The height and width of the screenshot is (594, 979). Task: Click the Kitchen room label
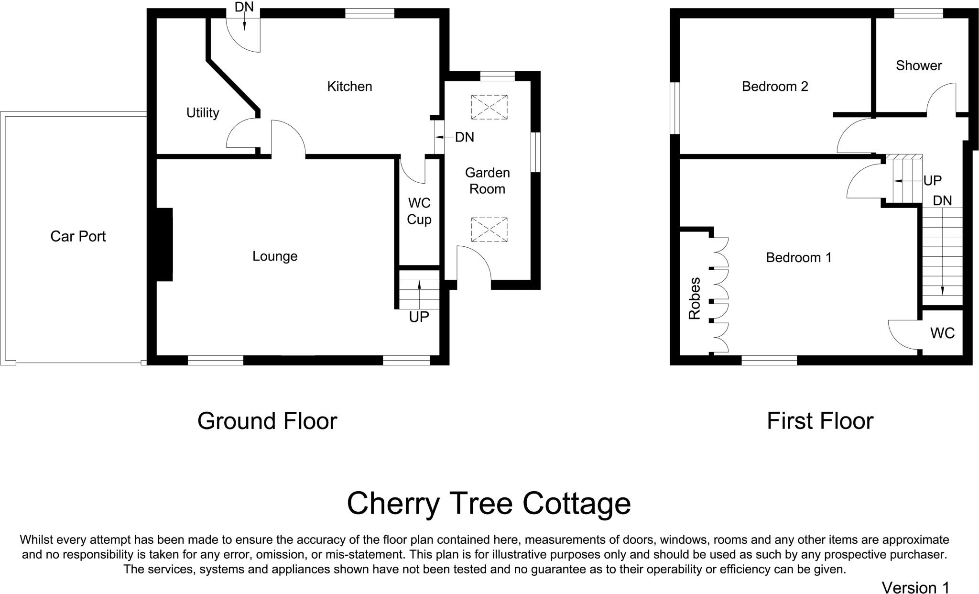349,87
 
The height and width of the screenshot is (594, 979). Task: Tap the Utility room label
203,113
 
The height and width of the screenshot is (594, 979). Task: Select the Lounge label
275,256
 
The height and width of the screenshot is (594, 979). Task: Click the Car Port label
78,236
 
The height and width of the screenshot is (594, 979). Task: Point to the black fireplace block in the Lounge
164,244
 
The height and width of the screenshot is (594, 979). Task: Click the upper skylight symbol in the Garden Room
489,107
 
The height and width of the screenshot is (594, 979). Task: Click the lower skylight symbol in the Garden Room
489,229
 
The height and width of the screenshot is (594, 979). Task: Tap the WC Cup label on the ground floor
419,211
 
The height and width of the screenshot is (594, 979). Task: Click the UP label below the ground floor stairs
419,317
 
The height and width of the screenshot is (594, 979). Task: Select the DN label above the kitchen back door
244,7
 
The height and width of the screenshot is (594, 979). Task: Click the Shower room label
919,66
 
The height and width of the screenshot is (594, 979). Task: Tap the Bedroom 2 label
775,87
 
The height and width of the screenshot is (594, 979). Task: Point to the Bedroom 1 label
799,258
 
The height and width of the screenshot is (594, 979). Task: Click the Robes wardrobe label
694,298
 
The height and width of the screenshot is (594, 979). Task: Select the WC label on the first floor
943,333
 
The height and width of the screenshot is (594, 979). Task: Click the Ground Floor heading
267,421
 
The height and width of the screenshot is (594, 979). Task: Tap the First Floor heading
820,421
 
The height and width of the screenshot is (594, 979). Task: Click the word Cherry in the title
392,503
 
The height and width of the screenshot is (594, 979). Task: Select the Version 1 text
915,587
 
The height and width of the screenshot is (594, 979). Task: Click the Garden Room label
487,181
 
